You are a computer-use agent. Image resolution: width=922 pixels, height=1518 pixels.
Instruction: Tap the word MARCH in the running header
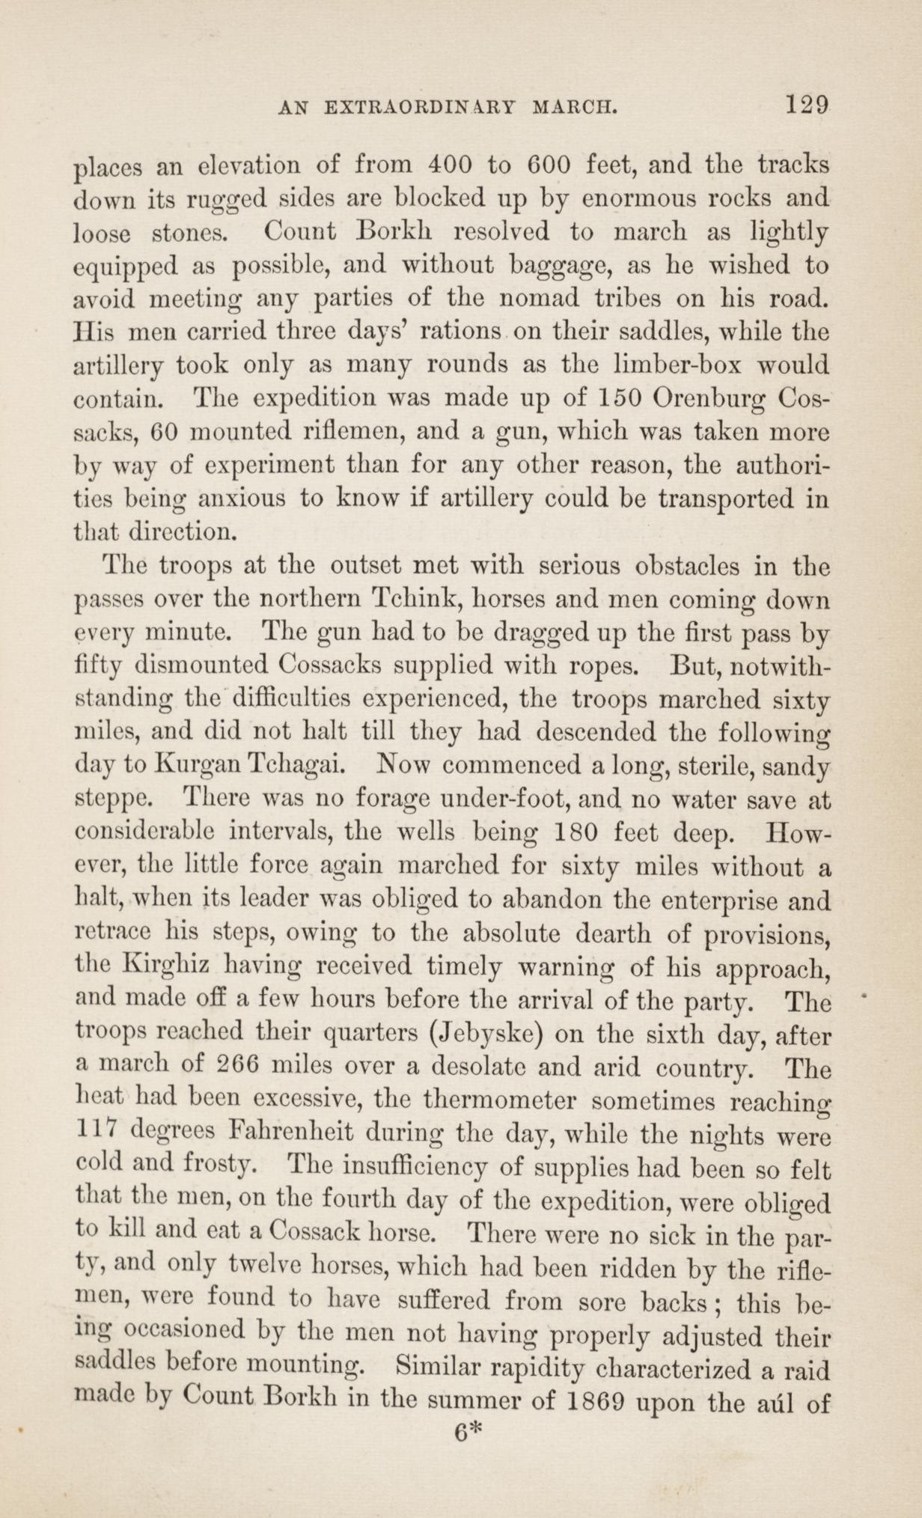click(x=574, y=107)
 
